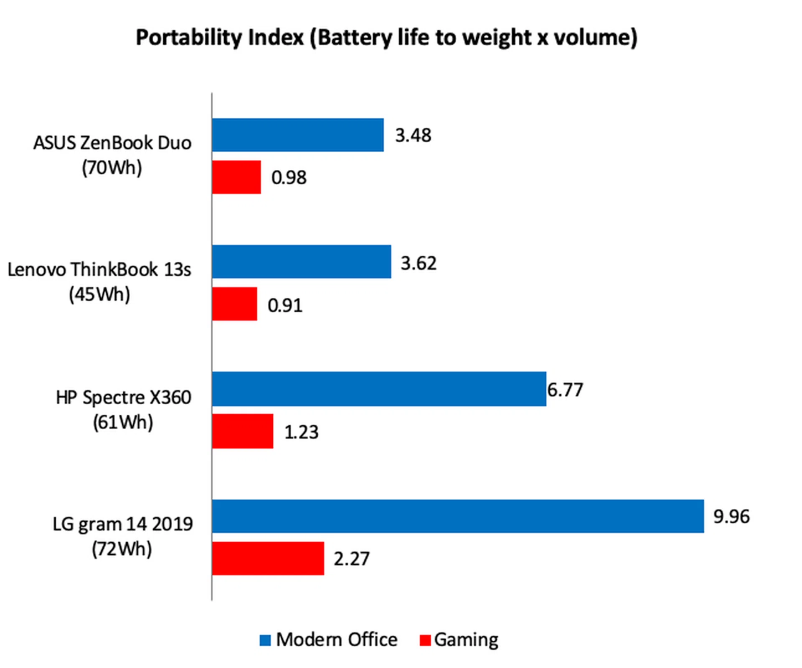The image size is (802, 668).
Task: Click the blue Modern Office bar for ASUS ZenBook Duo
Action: pos(297,135)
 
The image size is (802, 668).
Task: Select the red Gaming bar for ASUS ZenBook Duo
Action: pos(236,177)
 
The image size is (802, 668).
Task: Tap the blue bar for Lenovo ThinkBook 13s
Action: pos(301,262)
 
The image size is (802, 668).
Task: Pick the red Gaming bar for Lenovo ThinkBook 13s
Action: pos(234,304)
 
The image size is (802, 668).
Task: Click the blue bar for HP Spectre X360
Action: pos(379,389)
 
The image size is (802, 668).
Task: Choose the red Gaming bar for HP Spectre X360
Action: pos(242,431)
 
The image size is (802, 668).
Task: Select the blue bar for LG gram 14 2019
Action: pos(457,516)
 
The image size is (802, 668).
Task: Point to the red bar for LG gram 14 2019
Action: pos(268,558)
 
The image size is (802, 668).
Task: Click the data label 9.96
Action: pos(731,517)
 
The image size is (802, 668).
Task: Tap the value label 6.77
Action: pos(565,390)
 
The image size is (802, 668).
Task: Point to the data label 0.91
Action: pos(285,306)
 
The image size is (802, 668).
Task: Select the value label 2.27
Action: pos(351,559)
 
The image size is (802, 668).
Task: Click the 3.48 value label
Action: pos(413,135)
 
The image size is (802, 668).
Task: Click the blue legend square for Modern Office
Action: pos(265,640)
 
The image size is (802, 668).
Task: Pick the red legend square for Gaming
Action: pos(425,640)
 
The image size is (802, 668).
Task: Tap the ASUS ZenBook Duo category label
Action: pos(112,143)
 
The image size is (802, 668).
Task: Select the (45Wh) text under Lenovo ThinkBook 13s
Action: pos(99,295)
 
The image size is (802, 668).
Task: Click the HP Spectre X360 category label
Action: pos(124,397)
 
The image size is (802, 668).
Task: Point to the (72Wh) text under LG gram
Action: pos(122,549)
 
